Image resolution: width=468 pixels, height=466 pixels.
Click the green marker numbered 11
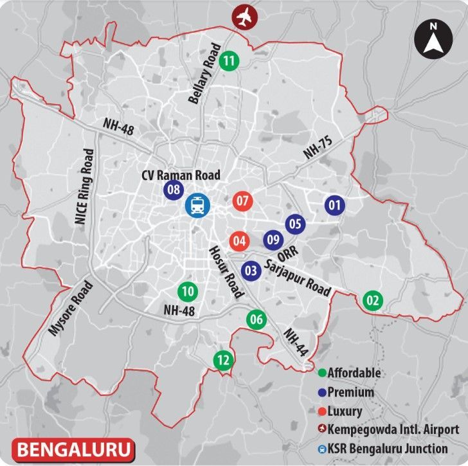coord(229,62)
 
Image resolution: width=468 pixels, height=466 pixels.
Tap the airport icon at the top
coord(243,17)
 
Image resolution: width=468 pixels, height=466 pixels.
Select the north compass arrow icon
coord(433,39)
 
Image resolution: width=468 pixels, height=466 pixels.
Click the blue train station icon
coord(197,206)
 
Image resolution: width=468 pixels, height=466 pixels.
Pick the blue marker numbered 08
coord(173,190)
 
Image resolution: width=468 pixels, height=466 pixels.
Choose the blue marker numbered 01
coord(334,206)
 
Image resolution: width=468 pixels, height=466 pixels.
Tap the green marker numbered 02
coord(373,300)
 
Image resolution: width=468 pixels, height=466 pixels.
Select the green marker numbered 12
coord(223,361)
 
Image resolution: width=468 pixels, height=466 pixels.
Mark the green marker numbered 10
coord(188,291)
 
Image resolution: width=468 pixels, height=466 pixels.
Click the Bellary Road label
coord(205,75)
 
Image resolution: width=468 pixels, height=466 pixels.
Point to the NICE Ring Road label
coord(84,186)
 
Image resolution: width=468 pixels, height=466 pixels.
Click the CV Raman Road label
coord(181,175)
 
